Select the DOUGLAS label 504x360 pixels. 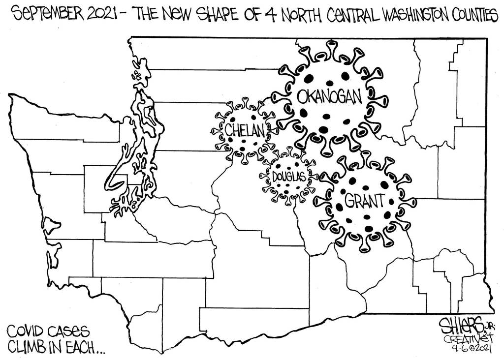289,176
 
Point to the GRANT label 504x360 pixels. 364,200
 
